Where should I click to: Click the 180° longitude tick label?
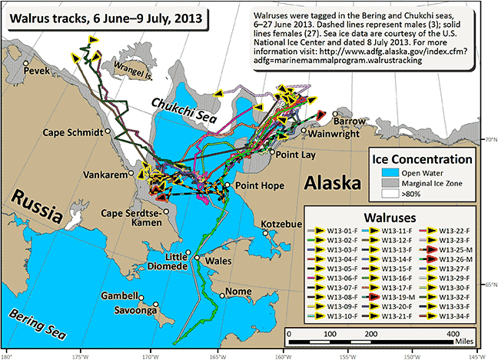point(7,355)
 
